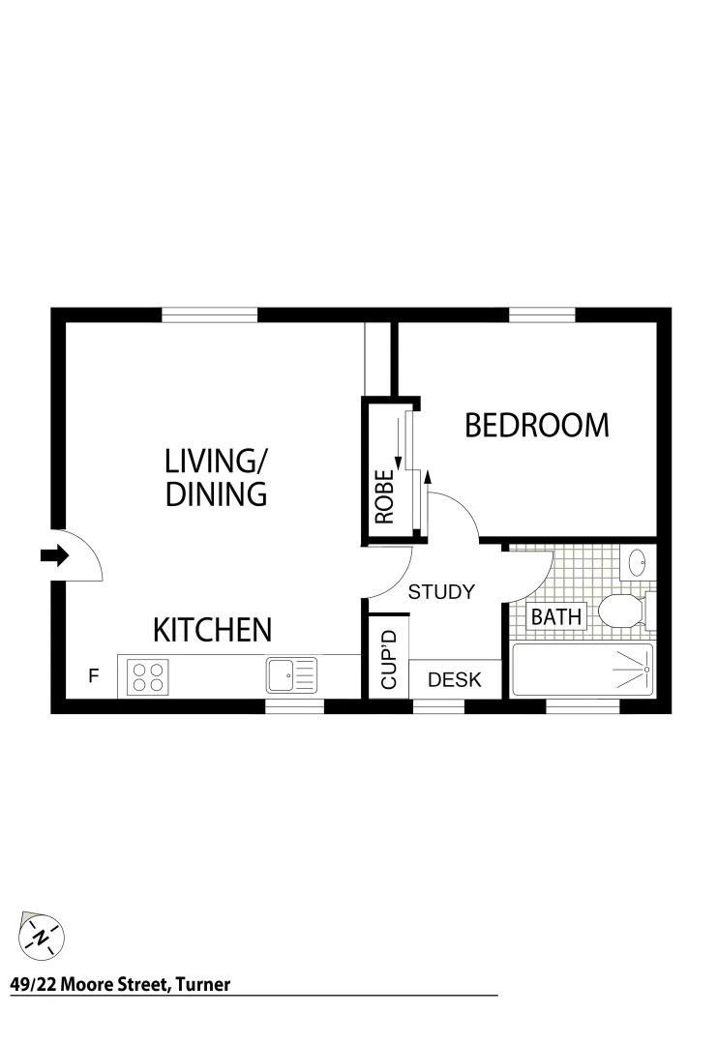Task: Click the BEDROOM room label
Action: (537, 426)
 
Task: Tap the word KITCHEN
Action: (213, 630)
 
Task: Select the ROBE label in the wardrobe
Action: (384, 496)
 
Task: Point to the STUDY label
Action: (440, 592)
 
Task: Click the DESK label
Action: (455, 679)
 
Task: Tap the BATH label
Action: (556, 616)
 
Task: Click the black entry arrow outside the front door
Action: (54, 555)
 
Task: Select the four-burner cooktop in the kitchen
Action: (148, 675)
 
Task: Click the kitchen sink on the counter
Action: (291, 674)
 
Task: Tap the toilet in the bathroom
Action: (623, 610)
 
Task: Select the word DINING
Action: (216, 494)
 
